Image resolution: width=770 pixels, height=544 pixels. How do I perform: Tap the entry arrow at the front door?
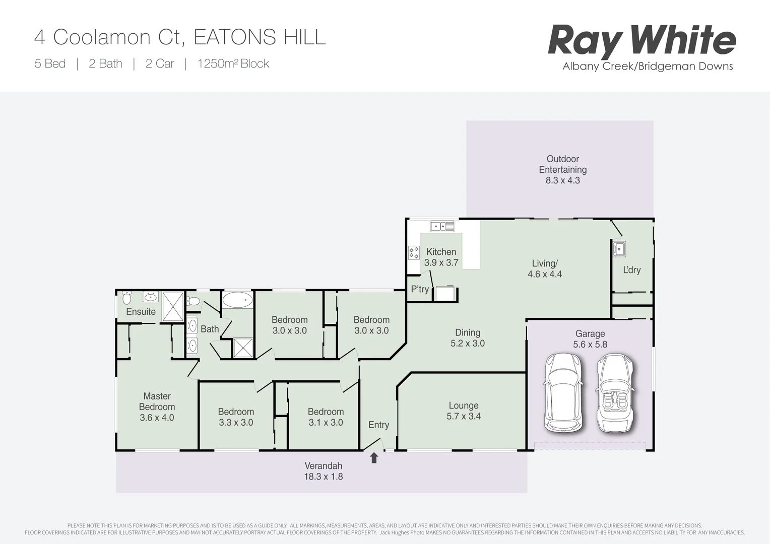pyautogui.click(x=374, y=457)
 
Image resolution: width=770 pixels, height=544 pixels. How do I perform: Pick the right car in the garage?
pyautogui.click(x=614, y=393)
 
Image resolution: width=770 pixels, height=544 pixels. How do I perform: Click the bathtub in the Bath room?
pyautogui.click(x=237, y=300)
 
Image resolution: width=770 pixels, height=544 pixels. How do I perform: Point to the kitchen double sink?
pyautogui.click(x=442, y=226)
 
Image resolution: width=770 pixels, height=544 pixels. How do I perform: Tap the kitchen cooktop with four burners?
pyautogui.click(x=414, y=252)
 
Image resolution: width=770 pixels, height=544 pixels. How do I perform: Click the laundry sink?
pyautogui.click(x=619, y=248)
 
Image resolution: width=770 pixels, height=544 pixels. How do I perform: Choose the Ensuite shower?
pyautogui.click(x=172, y=306)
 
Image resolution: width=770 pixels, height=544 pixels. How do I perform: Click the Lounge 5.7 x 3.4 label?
pyautogui.click(x=464, y=411)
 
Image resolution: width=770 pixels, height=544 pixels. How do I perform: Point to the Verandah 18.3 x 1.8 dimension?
pyautogui.click(x=323, y=477)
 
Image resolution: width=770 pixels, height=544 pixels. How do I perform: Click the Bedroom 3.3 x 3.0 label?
pyautogui.click(x=236, y=417)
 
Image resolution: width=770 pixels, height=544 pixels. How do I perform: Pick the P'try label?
pyautogui.click(x=420, y=289)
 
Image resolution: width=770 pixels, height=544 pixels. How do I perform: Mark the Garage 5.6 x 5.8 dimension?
pyautogui.click(x=590, y=345)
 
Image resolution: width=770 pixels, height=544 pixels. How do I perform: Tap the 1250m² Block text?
pyautogui.click(x=233, y=63)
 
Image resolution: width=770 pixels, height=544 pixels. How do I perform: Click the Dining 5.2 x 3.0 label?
pyautogui.click(x=467, y=338)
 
